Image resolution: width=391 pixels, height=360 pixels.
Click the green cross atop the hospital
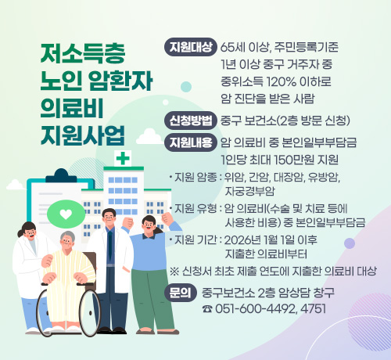coord(122,158)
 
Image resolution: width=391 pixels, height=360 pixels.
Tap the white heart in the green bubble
coord(65,214)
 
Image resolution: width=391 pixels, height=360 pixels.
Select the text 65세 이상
coord(245,46)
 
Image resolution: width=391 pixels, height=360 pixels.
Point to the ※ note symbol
coord(174,271)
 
